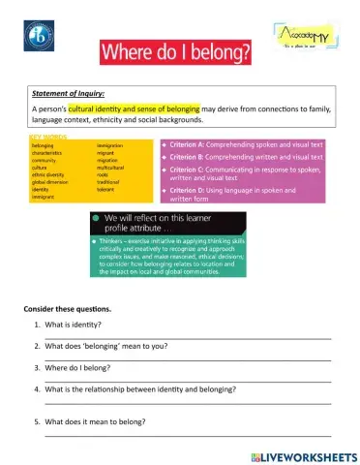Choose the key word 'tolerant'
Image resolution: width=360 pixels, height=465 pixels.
click(x=109, y=189)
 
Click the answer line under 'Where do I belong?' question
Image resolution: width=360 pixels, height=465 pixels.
click(x=184, y=381)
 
